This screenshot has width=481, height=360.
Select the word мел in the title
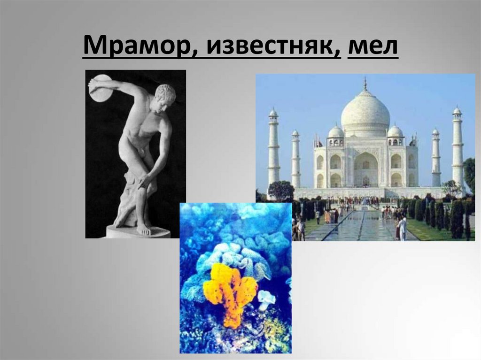pos(372,46)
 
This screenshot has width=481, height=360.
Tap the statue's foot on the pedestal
pos(143,230)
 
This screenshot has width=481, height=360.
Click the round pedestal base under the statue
pos(137,232)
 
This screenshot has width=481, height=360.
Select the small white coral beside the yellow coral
pos(266,299)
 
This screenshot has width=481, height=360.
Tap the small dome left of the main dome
pos(335,132)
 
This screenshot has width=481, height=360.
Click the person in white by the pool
pos(403,228)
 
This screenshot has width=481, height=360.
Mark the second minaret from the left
pos(295,160)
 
